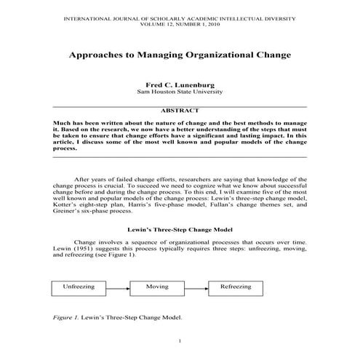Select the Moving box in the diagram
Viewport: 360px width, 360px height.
coord(157,287)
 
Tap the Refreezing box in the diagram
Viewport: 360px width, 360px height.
coord(235,287)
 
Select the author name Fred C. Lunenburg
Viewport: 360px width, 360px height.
coord(180,85)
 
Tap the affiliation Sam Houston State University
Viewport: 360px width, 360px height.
coord(180,92)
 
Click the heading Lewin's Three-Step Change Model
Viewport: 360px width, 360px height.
coord(180,229)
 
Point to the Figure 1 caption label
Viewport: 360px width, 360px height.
coord(68,317)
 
